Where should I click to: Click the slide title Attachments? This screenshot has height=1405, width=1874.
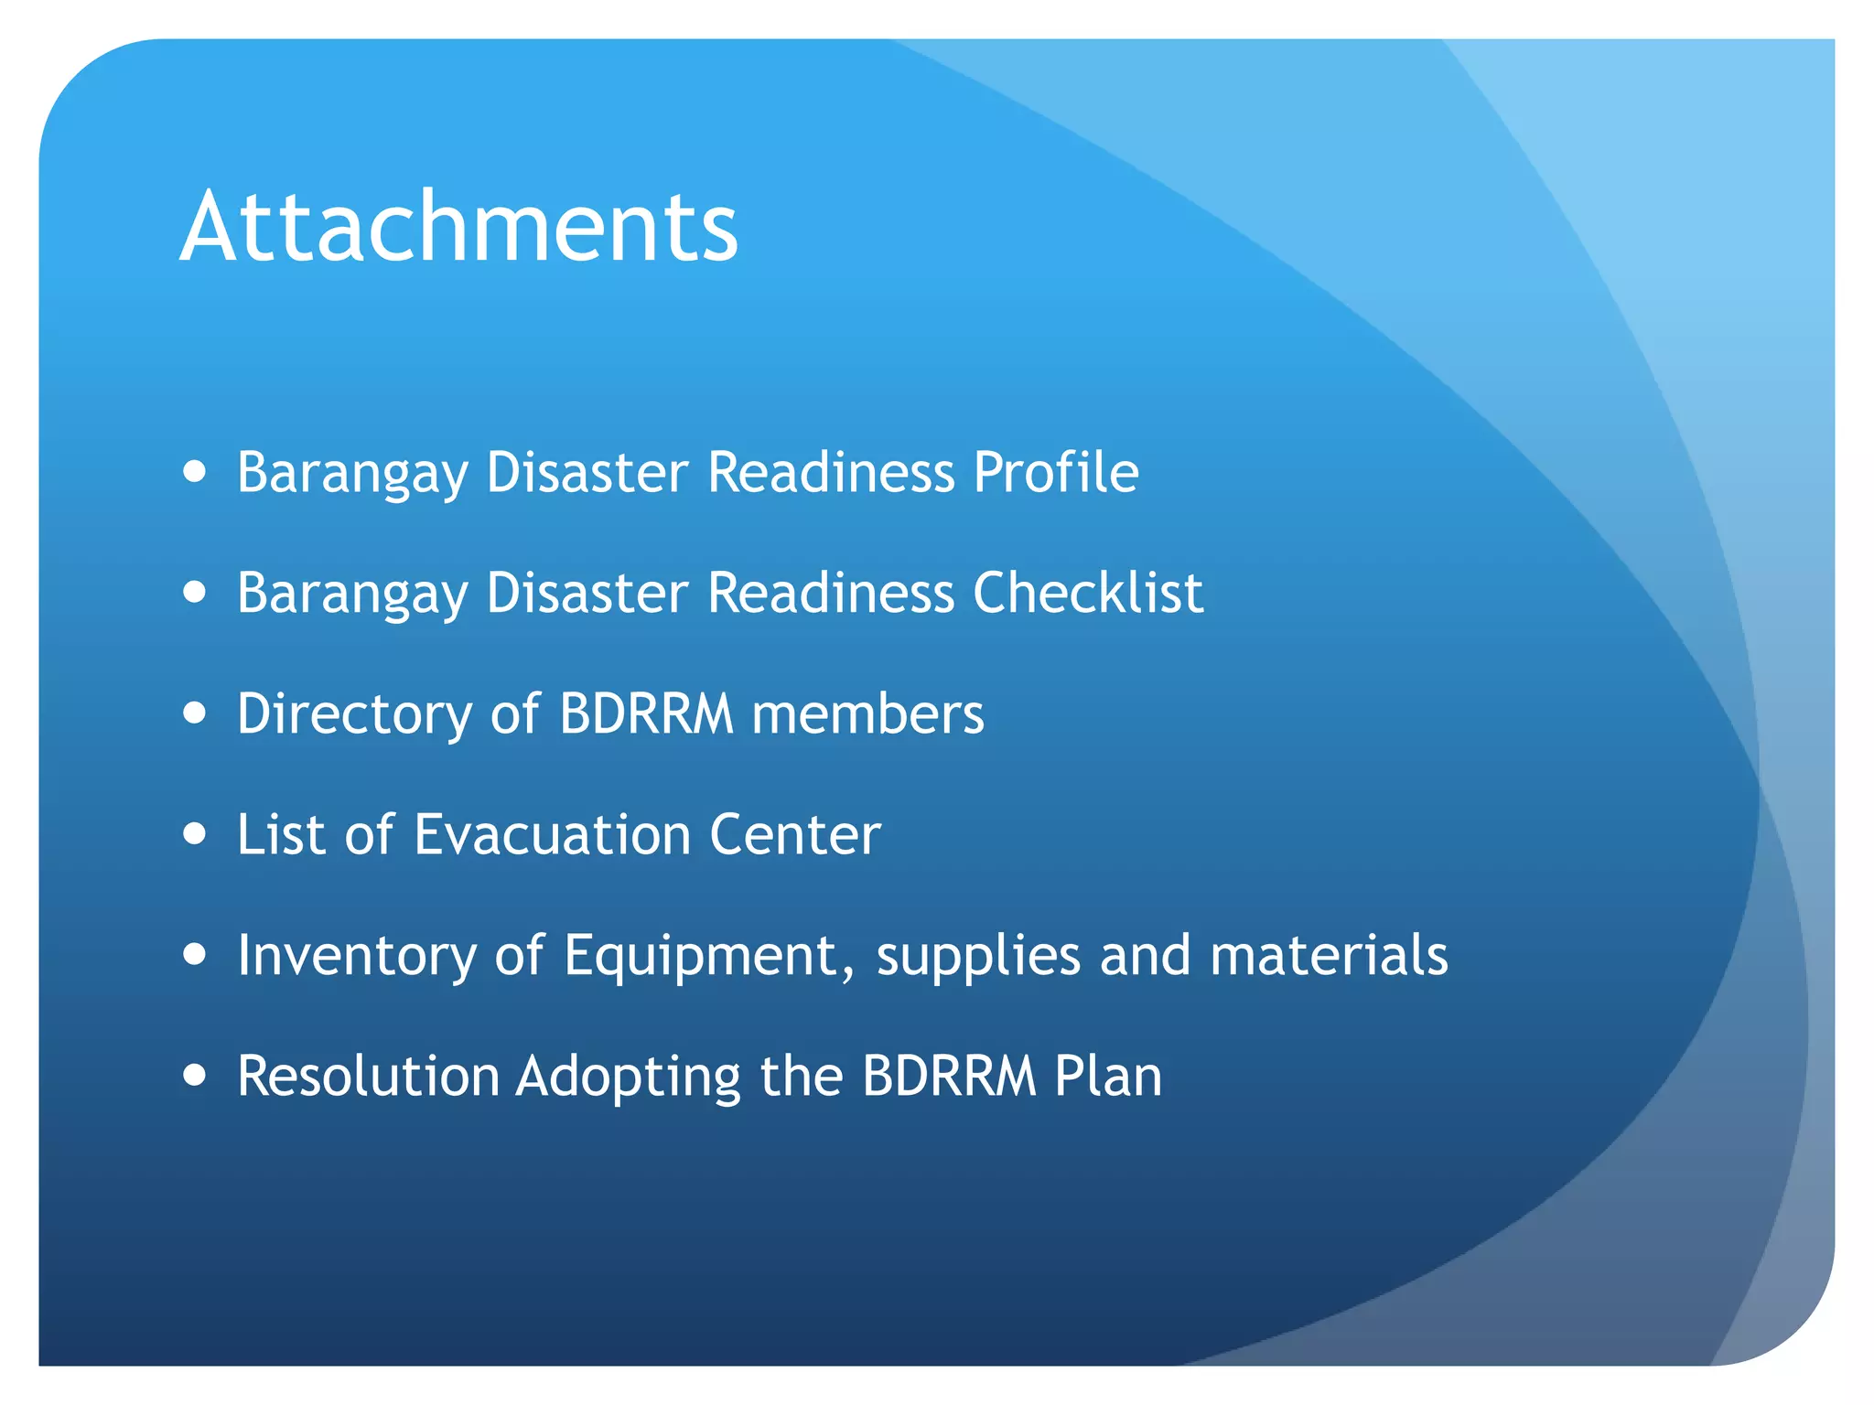click(x=458, y=227)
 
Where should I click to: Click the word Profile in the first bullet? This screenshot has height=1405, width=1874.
click(x=1055, y=473)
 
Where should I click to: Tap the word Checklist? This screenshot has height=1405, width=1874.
click(x=1087, y=594)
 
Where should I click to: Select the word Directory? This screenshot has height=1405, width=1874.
click(x=354, y=714)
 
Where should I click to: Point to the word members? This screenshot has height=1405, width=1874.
click(x=867, y=714)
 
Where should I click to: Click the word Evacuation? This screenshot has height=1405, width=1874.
click(x=552, y=835)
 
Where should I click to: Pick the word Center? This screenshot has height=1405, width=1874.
click(x=794, y=835)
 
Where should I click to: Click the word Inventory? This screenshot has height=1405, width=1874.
click(x=357, y=956)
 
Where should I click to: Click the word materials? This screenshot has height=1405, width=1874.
click(x=1329, y=956)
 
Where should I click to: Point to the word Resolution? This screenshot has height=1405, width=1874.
click(x=368, y=1077)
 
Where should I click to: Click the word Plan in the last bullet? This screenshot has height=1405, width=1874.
click(x=1107, y=1077)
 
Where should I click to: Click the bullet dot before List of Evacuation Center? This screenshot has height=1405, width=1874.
click(x=194, y=834)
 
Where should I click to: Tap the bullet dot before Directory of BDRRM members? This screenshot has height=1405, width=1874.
click(x=194, y=713)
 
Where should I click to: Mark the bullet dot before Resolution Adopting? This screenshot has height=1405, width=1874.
click(x=194, y=1076)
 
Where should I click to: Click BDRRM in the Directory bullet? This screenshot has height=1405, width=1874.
click(x=646, y=714)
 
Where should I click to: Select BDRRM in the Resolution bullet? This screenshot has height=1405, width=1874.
click(x=949, y=1077)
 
